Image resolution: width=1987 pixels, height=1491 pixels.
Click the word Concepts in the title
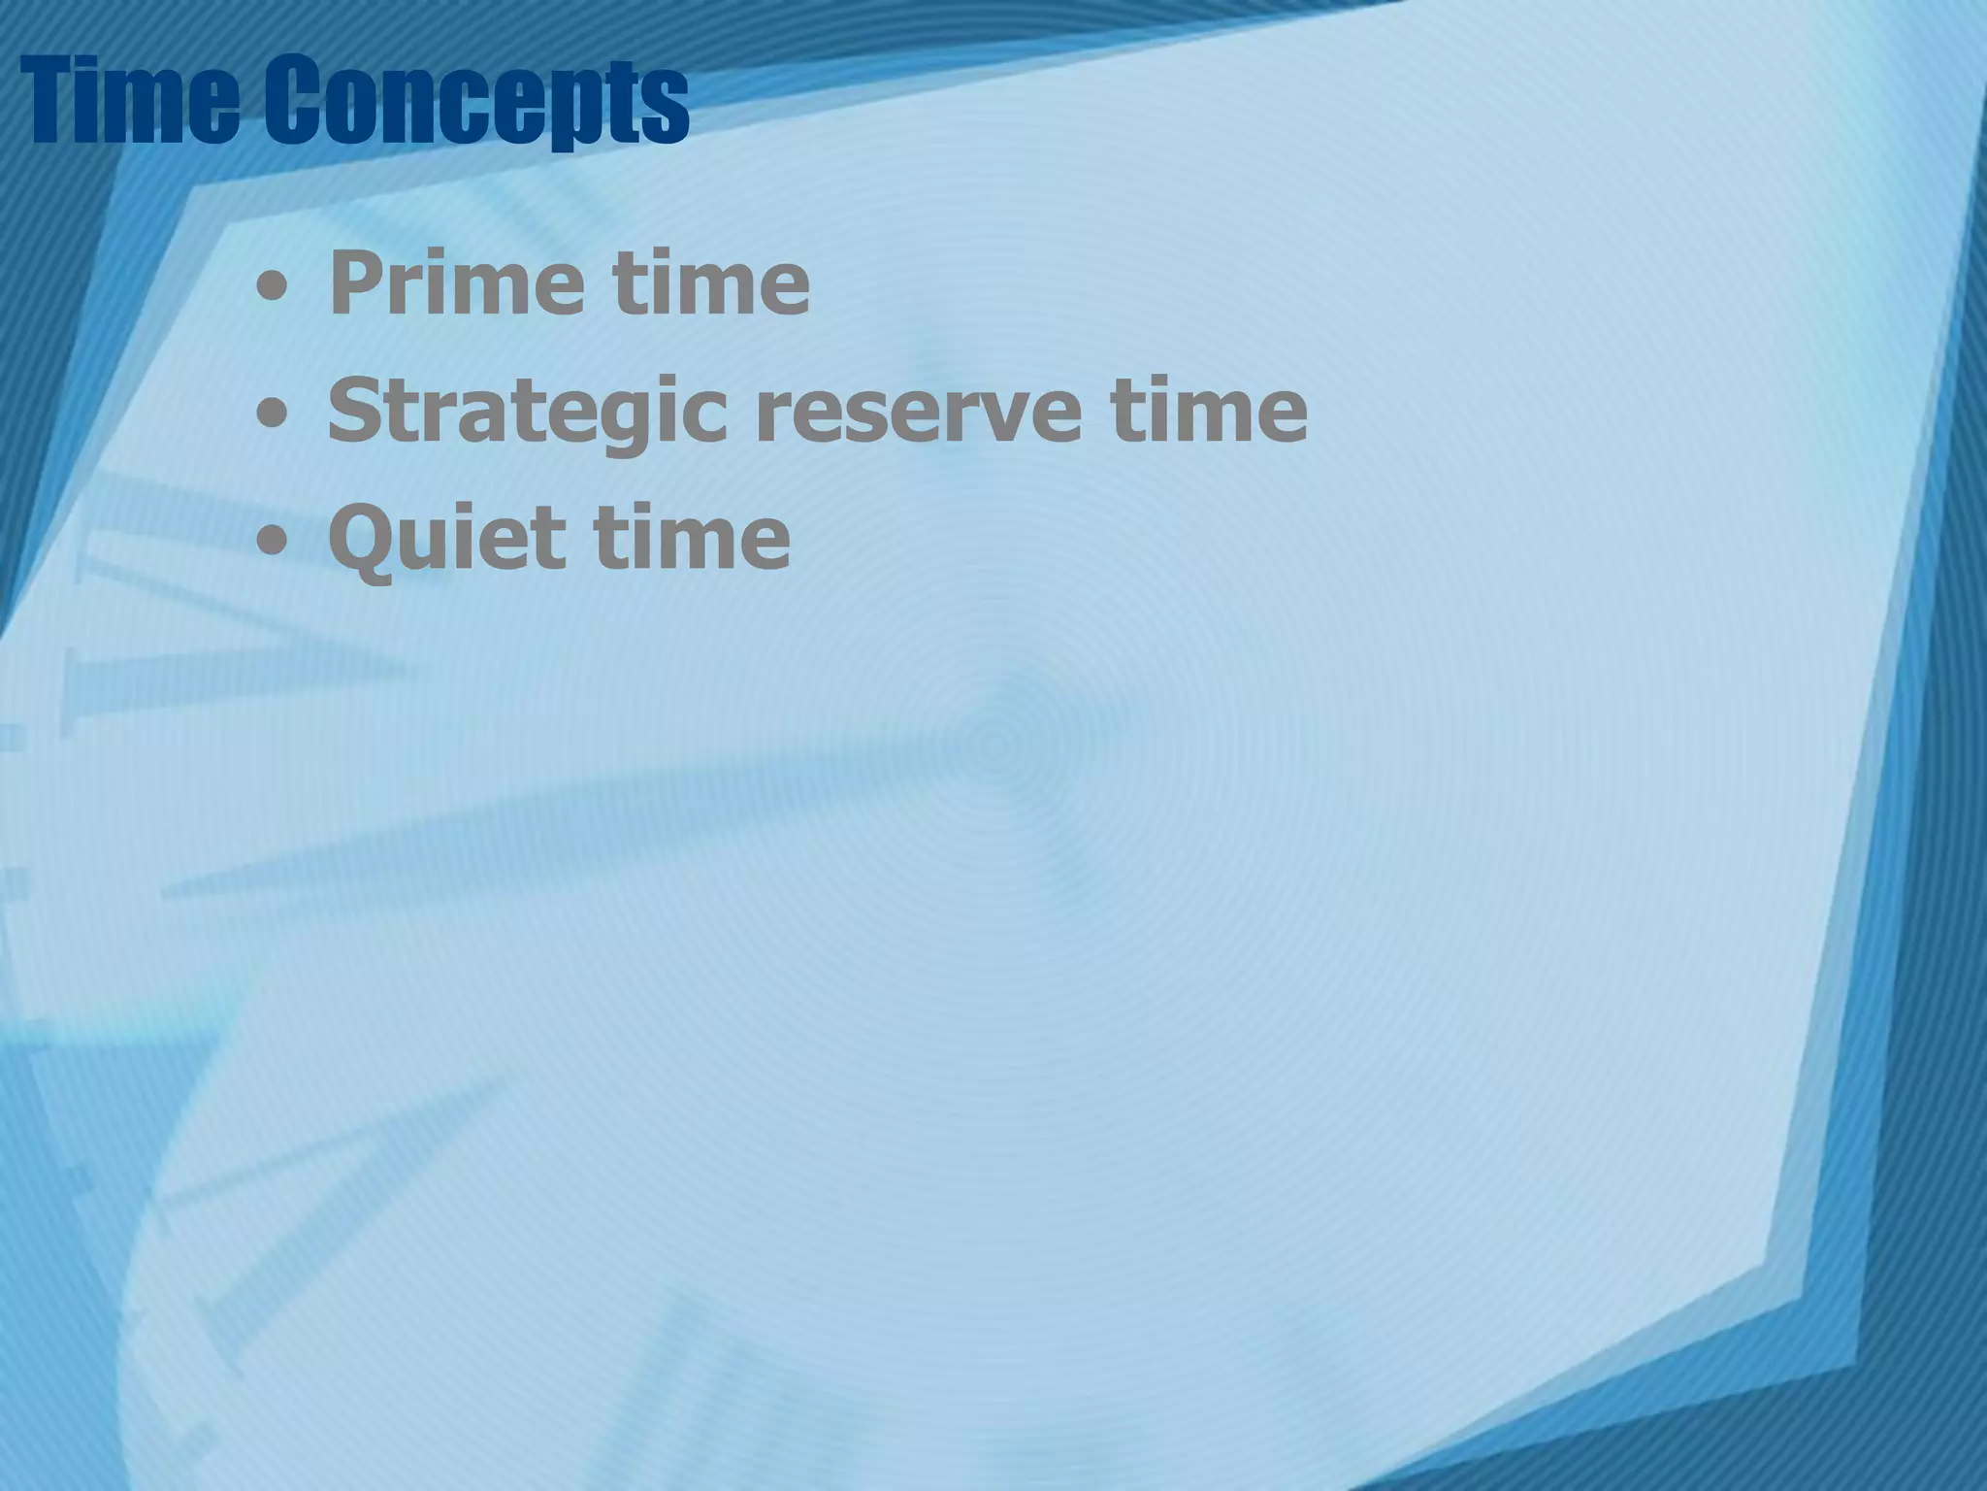[475, 102]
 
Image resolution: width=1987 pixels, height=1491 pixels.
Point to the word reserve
[918, 413]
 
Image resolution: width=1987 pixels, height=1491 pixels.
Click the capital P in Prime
[355, 282]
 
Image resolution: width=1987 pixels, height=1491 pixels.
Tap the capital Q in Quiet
[359, 539]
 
